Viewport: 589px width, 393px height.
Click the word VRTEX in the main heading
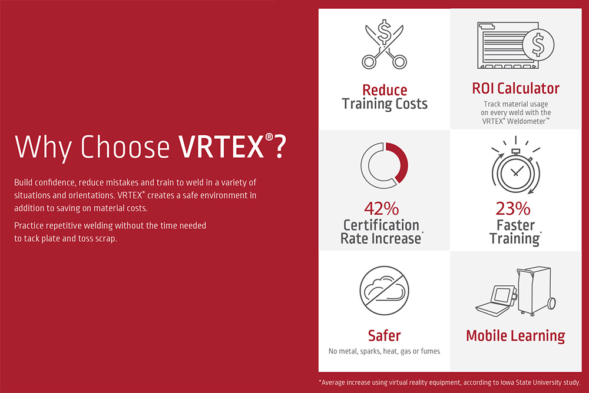point(221,146)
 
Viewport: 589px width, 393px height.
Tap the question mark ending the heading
point(280,146)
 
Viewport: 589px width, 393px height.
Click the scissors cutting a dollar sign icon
point(384,44)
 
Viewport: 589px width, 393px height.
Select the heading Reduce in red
point(385,90)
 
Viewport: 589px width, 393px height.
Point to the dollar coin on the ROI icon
point(538,45)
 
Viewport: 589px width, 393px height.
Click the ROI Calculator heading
point(516,89)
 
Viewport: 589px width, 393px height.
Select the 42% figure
point(381,209)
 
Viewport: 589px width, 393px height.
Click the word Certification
point(381,225)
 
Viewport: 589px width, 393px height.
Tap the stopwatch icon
point(516,166)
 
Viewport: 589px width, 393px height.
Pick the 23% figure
point(513,209)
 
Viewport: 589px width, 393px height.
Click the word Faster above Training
point(515,225)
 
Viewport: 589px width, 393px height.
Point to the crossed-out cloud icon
point(384,291)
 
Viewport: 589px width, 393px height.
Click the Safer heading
point(384,335)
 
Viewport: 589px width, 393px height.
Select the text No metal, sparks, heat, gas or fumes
point(384,351)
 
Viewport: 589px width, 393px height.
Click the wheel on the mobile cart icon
point(551,304)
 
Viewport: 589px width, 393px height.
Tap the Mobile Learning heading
point(515,335)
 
